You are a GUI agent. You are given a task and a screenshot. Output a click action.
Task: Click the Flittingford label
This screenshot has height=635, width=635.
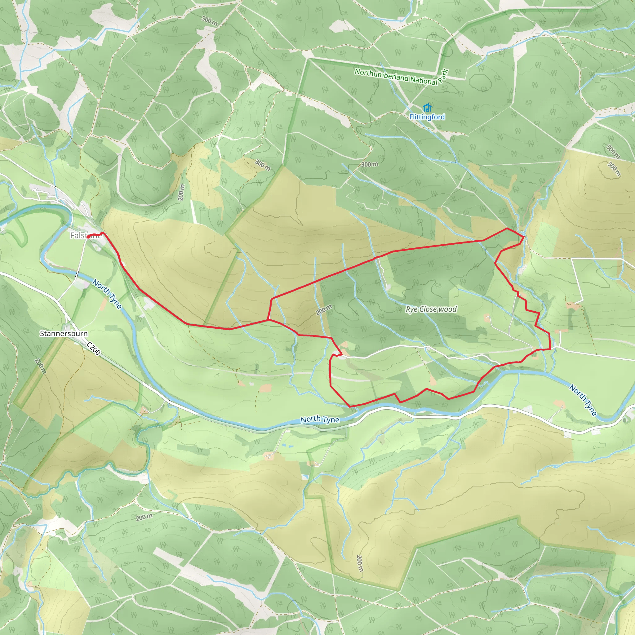[427, 117]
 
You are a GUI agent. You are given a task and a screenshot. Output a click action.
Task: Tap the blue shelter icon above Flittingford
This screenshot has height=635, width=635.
[427, 108]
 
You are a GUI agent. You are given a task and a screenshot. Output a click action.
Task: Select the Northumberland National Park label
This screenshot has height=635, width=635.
[401, 77]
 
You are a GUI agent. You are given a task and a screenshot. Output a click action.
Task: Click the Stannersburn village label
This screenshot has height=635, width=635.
[64, 333]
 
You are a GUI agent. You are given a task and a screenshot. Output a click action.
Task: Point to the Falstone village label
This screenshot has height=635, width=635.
[86, 235]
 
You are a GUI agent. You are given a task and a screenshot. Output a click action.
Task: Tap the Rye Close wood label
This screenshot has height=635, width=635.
[431, 309]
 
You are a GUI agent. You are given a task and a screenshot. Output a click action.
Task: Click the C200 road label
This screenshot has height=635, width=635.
[94, 349]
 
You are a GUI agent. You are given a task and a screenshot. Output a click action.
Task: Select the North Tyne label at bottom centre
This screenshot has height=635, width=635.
[319, 420]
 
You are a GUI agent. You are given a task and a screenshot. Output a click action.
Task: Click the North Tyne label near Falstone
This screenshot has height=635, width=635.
[107, 294]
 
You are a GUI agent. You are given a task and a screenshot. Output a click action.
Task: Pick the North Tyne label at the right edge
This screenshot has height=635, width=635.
[583, 400]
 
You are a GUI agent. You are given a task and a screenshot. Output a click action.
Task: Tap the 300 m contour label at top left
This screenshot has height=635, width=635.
[209, 21]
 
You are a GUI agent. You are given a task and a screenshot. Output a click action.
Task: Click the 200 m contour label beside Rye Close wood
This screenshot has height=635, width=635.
[324, 310]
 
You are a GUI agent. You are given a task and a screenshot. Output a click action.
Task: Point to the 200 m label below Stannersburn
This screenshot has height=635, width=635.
[40, 366]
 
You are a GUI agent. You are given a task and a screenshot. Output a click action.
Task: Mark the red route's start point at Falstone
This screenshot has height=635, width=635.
[88, 237]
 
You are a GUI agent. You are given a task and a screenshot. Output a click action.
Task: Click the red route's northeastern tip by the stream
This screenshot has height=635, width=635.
[524, 237]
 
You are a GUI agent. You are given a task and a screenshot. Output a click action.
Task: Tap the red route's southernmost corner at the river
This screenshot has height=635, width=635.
[350, 406]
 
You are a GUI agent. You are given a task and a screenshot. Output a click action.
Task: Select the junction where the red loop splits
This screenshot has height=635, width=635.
[268, 319]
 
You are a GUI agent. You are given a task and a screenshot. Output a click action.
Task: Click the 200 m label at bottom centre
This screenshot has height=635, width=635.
[360, 563]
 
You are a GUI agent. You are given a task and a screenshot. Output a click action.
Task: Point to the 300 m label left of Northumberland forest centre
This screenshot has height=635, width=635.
[263, 165]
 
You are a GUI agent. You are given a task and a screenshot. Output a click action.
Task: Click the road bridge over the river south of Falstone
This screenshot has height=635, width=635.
[77, 274]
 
